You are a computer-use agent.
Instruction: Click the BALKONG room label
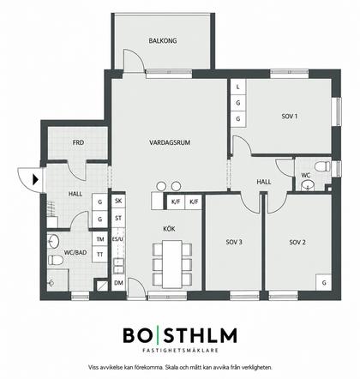point(163,40)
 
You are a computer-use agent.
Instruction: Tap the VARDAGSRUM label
point(170,142)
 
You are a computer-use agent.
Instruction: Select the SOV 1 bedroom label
point(290,117)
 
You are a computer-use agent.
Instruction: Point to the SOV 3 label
point(234,242)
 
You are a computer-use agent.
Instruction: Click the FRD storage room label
point(78,142)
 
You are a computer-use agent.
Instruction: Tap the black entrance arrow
point(36,179)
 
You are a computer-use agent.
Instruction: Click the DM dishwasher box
point(118,283)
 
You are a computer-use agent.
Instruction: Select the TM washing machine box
point(99,239)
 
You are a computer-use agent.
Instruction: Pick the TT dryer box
point(99,255)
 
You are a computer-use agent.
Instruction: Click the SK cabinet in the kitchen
point(118,201)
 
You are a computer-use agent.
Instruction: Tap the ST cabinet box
point(118,218)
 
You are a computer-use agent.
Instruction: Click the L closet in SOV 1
point(238,87)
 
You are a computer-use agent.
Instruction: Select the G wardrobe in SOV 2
point(324,283)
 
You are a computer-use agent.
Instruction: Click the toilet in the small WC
point(322,166)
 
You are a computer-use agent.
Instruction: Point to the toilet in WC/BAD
point(56,260)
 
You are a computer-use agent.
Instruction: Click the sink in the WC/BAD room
point(52,241)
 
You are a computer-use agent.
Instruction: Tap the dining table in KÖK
point(172,264)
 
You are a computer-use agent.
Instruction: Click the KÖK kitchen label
point(169,229)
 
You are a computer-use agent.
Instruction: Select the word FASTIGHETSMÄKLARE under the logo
point(180,350)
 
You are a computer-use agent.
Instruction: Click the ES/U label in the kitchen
point(117,239)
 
